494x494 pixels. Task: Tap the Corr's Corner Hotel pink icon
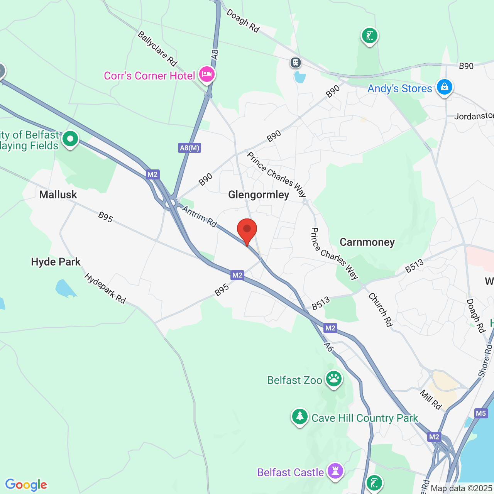click(x=206, y=74)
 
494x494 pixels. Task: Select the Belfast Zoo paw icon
click(x=334, y=379)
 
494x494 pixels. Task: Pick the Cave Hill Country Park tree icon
click(x=299, y=417)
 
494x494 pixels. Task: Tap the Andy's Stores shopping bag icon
click(x=444, y=87)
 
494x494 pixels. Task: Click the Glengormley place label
click(x=259, y=195)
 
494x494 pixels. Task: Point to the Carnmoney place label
click(x=367, y=242)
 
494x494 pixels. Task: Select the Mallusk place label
click(x=58, y=195)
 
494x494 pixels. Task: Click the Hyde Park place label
click(x=56, y=262)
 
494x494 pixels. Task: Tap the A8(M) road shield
click(x=190, y=148)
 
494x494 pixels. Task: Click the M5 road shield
click(x=481, y=413)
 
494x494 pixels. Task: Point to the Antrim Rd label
click(x=200, y=217)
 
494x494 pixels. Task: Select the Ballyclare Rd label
click(x=157, y=49)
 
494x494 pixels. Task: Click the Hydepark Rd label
click(x=105, y=288)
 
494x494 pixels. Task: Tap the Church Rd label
click(x=381, y=310)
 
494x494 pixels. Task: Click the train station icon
click(x=296, y=62)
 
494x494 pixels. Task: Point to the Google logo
click(x=26, y=485)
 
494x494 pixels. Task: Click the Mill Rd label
click(x=431, y=399)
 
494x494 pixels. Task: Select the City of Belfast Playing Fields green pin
click(x=70, y=139)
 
